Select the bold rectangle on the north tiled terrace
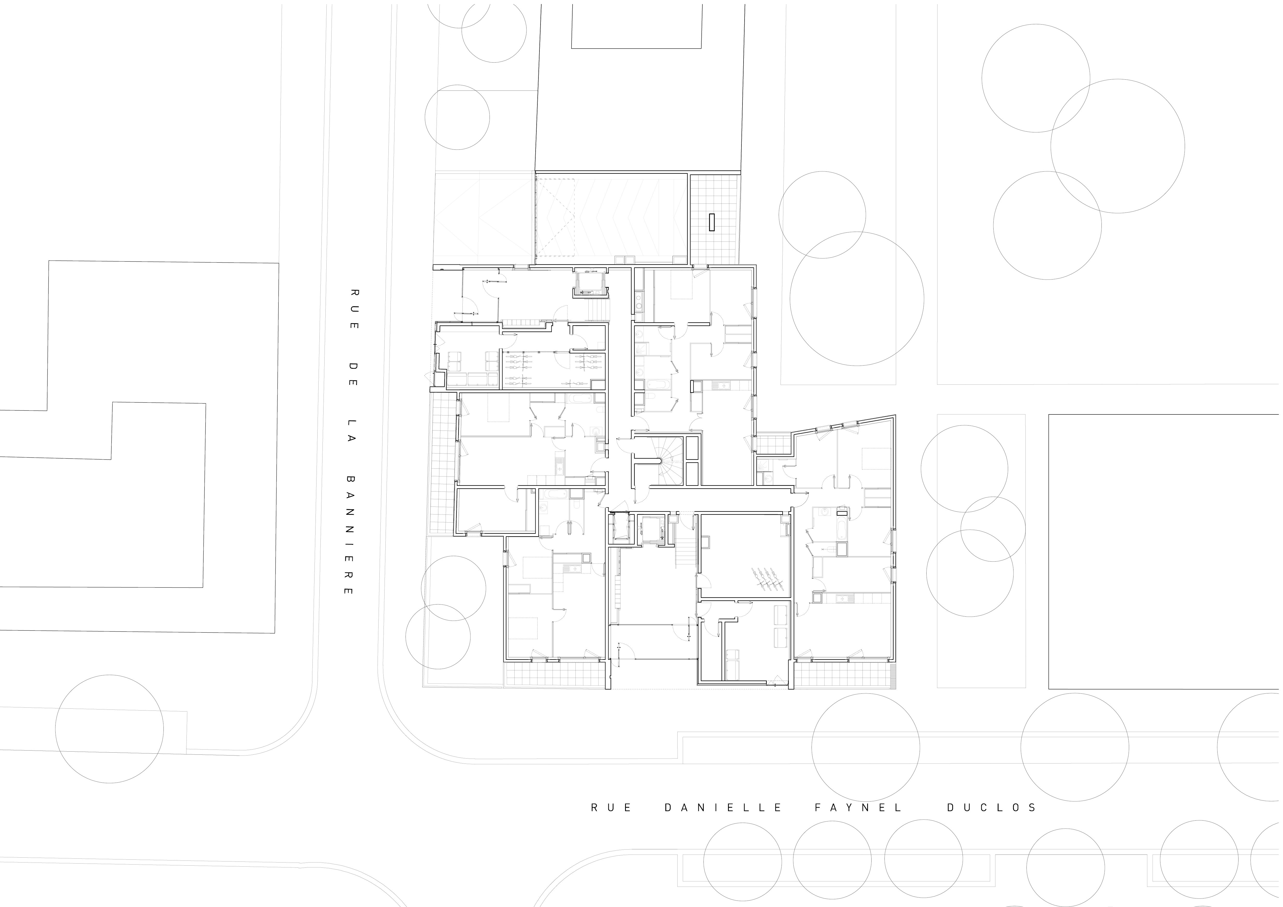tap(712, 222)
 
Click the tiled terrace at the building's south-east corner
tap(844, 675)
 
